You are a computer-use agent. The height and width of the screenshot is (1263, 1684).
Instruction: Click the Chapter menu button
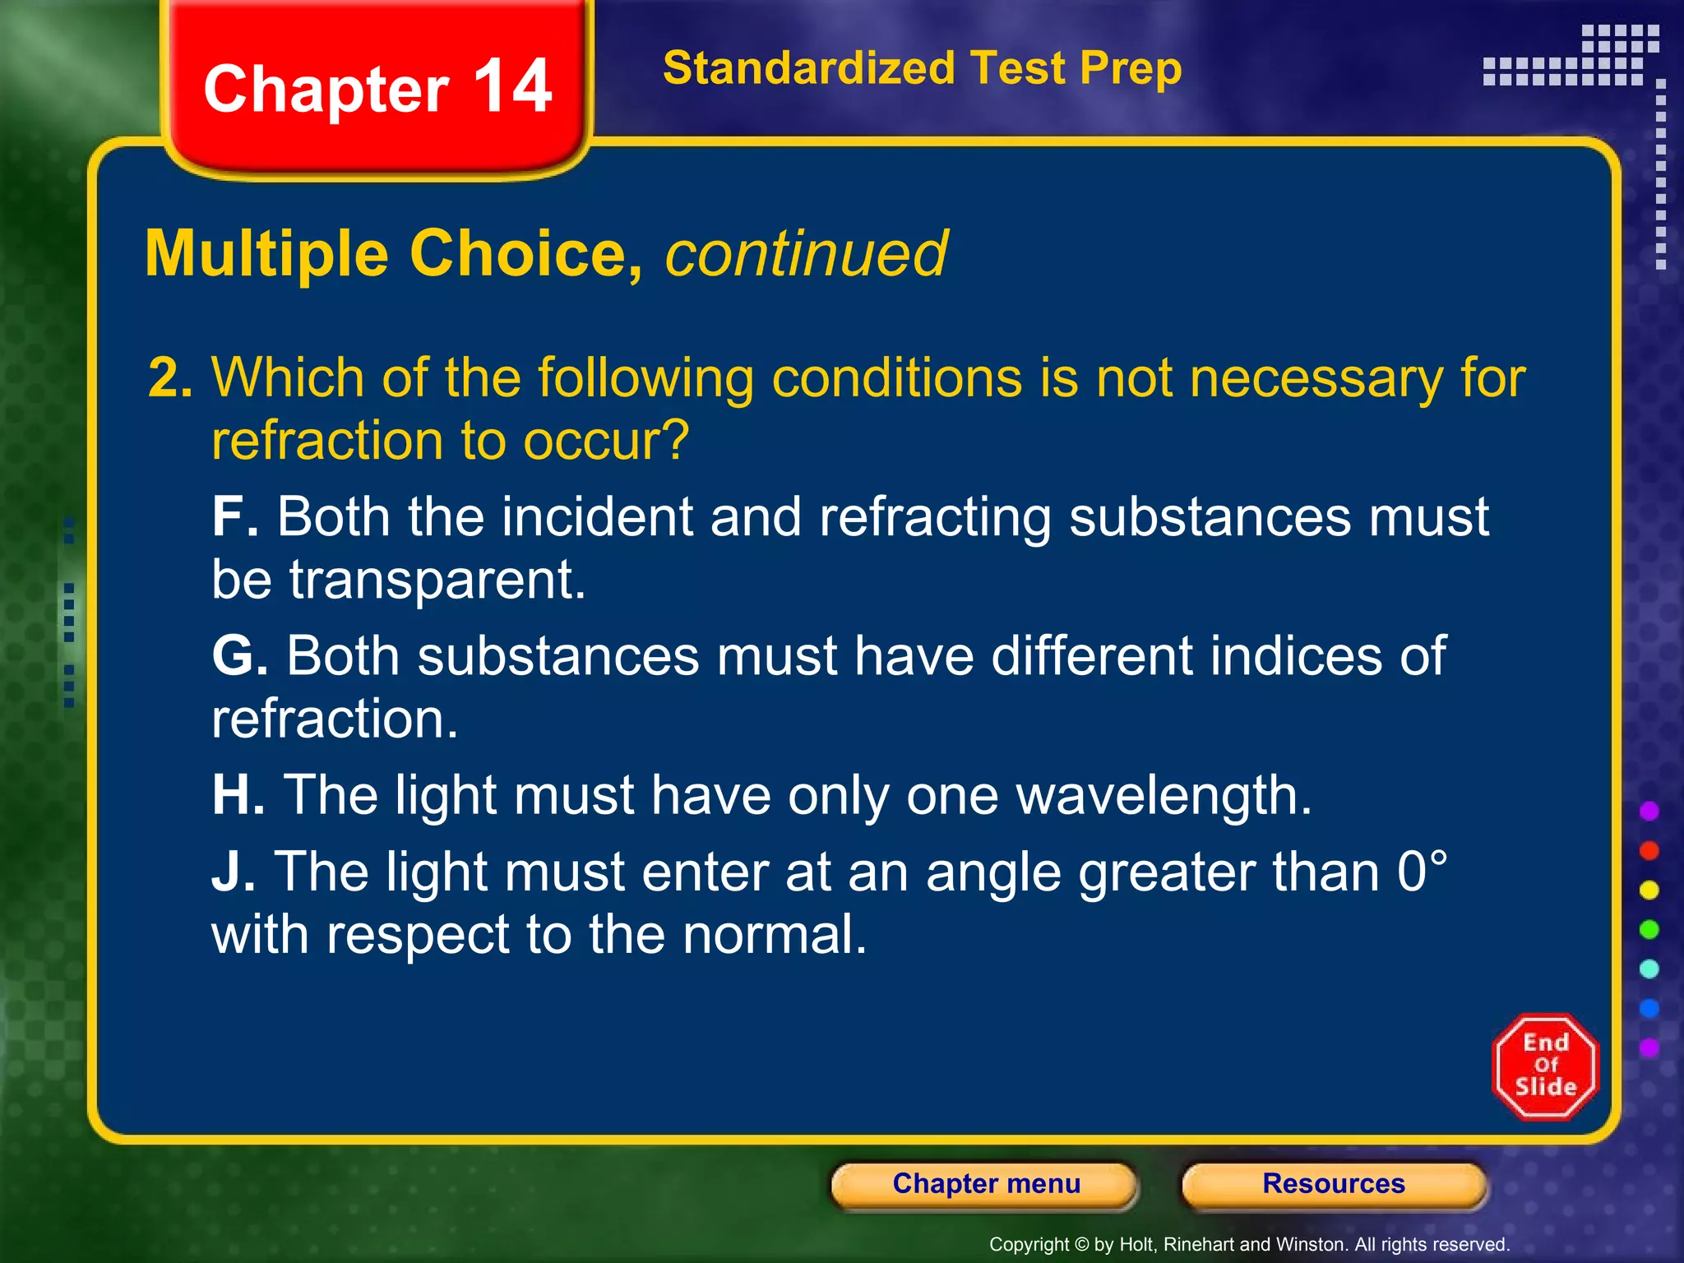pos(985,1184)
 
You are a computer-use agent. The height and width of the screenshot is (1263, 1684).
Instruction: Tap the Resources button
pos(1333,1184)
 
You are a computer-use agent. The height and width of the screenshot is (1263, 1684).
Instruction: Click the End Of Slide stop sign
pos(1545,1066)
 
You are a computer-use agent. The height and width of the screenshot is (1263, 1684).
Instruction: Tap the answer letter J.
pos(232,872)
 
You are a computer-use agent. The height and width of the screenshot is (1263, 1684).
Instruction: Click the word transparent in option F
pos(436,580)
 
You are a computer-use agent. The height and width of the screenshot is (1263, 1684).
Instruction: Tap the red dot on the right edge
pos(1649,850)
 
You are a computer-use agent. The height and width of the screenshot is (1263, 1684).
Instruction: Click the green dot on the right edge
pos(1649,929)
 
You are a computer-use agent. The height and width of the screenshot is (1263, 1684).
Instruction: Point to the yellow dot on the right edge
pos(1649,890)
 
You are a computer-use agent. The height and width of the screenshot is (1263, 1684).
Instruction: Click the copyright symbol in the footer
pos(1081,1245)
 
